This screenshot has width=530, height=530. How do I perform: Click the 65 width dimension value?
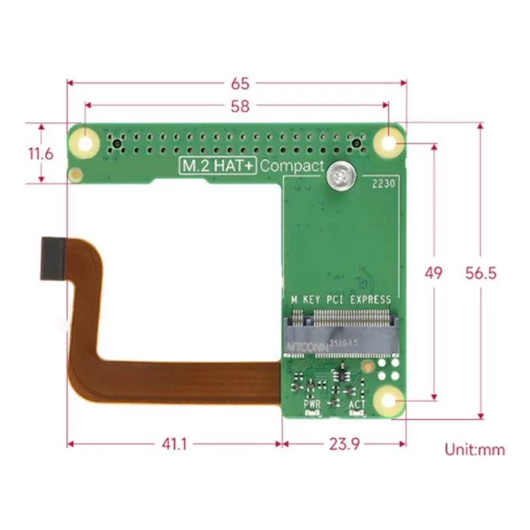[x=240, y=83]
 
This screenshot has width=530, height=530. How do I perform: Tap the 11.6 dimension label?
[x=40, y=154]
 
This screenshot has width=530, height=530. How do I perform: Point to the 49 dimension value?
[x=434, y=272]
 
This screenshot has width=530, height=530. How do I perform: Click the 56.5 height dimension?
[x=481, y=272]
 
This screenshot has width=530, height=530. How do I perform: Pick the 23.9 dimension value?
[x=343, y=445]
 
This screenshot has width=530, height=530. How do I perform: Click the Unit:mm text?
[x=474, y=450]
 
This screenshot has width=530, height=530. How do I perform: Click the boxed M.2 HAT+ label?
[x=218, y=166]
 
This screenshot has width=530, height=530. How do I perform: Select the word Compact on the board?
[x=291, y=166]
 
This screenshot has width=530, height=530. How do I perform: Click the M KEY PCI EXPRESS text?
[x=341, y=299]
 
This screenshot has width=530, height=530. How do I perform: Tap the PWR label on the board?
[x=312, y=403]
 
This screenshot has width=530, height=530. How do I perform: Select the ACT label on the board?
[x=358, y=403]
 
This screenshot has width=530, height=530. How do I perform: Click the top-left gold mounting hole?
[x=85, y=142]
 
